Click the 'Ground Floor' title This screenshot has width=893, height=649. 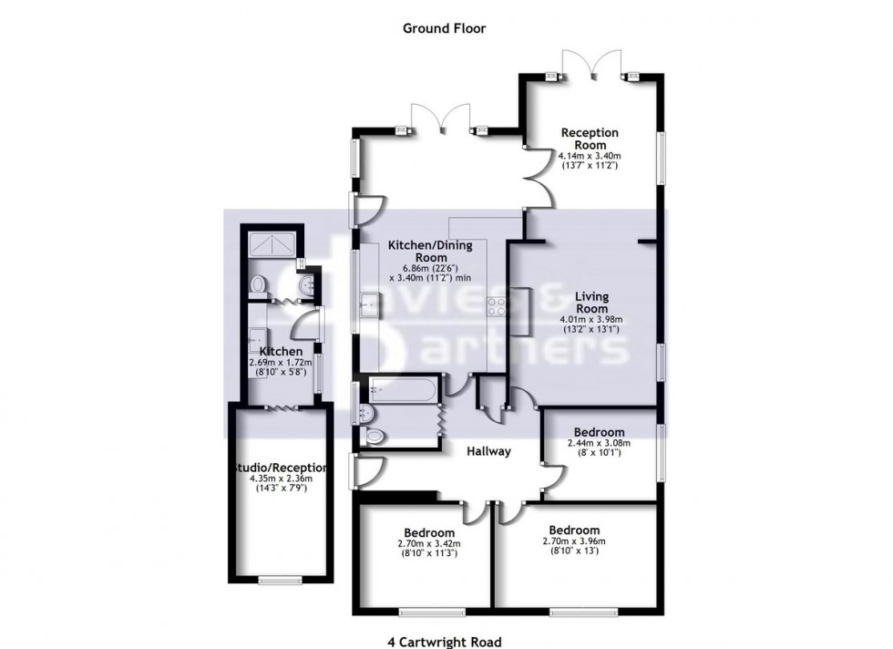pos(445,28)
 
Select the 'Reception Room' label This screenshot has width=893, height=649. pos(590,139)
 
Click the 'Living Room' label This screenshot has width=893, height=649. pos(590,303)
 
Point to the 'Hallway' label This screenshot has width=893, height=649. pos(489,451)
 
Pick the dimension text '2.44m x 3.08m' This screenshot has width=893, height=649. pos(598,443)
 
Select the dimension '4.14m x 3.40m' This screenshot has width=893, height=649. pos(590,156)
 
